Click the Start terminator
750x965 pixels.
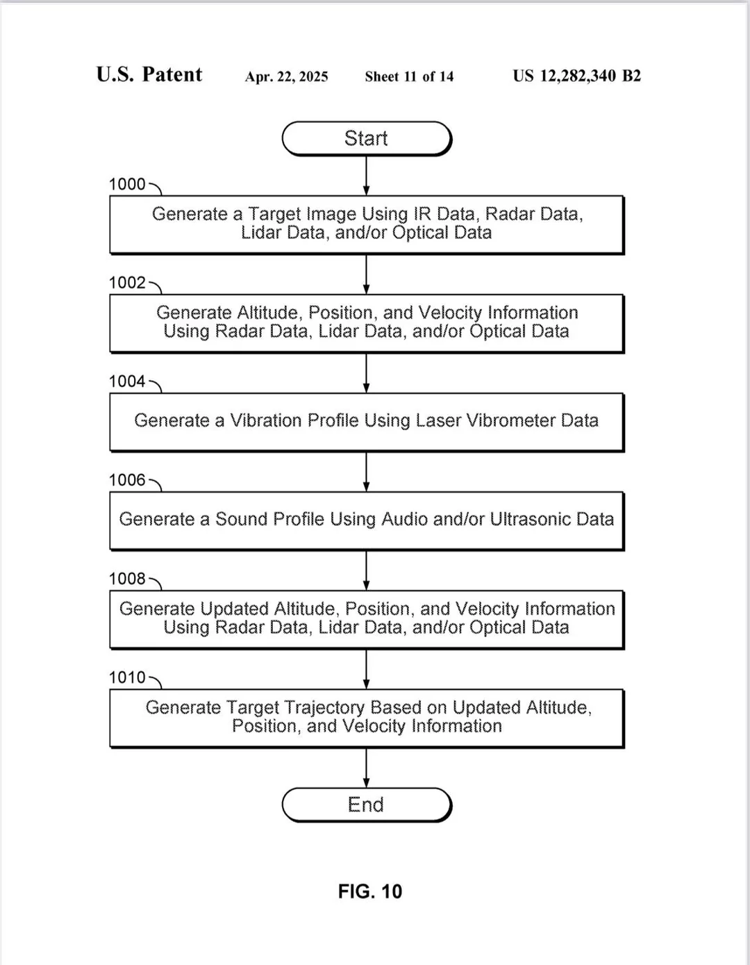click(x=367, y=138)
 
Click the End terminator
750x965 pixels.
click(x=367, y=805)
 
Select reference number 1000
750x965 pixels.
click(x=127, y=184)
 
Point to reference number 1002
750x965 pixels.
click(x=127, y=283)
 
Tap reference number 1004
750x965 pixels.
click(x=127, y=381)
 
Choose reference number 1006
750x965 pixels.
click(x=127, y=480)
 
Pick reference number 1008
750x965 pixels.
click(x=127, y=579)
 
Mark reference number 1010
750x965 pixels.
click(x=127, y=677)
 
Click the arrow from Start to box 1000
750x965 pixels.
click(x=366, y=176)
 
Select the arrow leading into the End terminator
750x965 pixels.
click(x=366, y=768)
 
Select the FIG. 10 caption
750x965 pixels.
click(x=370, y=892)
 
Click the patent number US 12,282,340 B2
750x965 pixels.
click(x=577, y=76)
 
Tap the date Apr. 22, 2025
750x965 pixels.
click(x=287, y=77)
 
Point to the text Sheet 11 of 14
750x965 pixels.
click(x=409, y=77)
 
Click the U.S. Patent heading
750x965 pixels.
click(x=149, y=74)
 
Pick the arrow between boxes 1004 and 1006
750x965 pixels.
click(x=366, y=472)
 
